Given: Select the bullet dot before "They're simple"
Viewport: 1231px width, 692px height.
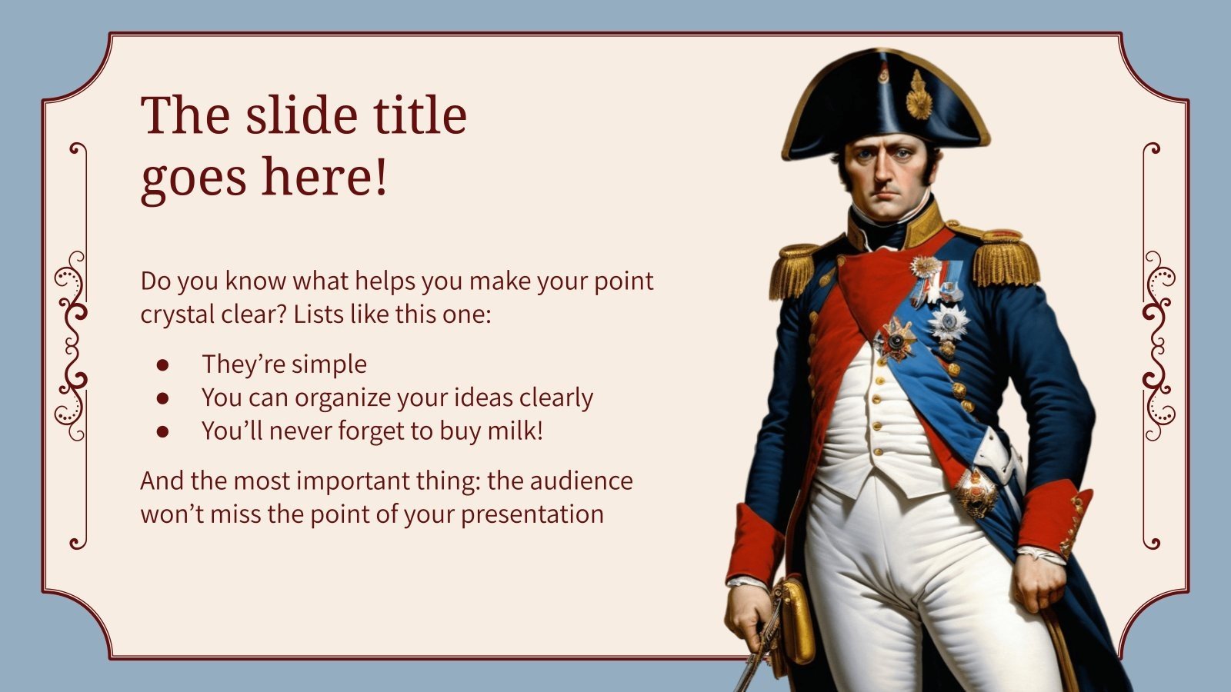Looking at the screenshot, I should (x=162, y=364).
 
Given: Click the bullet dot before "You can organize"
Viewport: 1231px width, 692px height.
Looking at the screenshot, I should (x=162, y=398).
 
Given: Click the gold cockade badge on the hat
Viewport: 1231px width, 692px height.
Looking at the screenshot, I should (x=918, y=96).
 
